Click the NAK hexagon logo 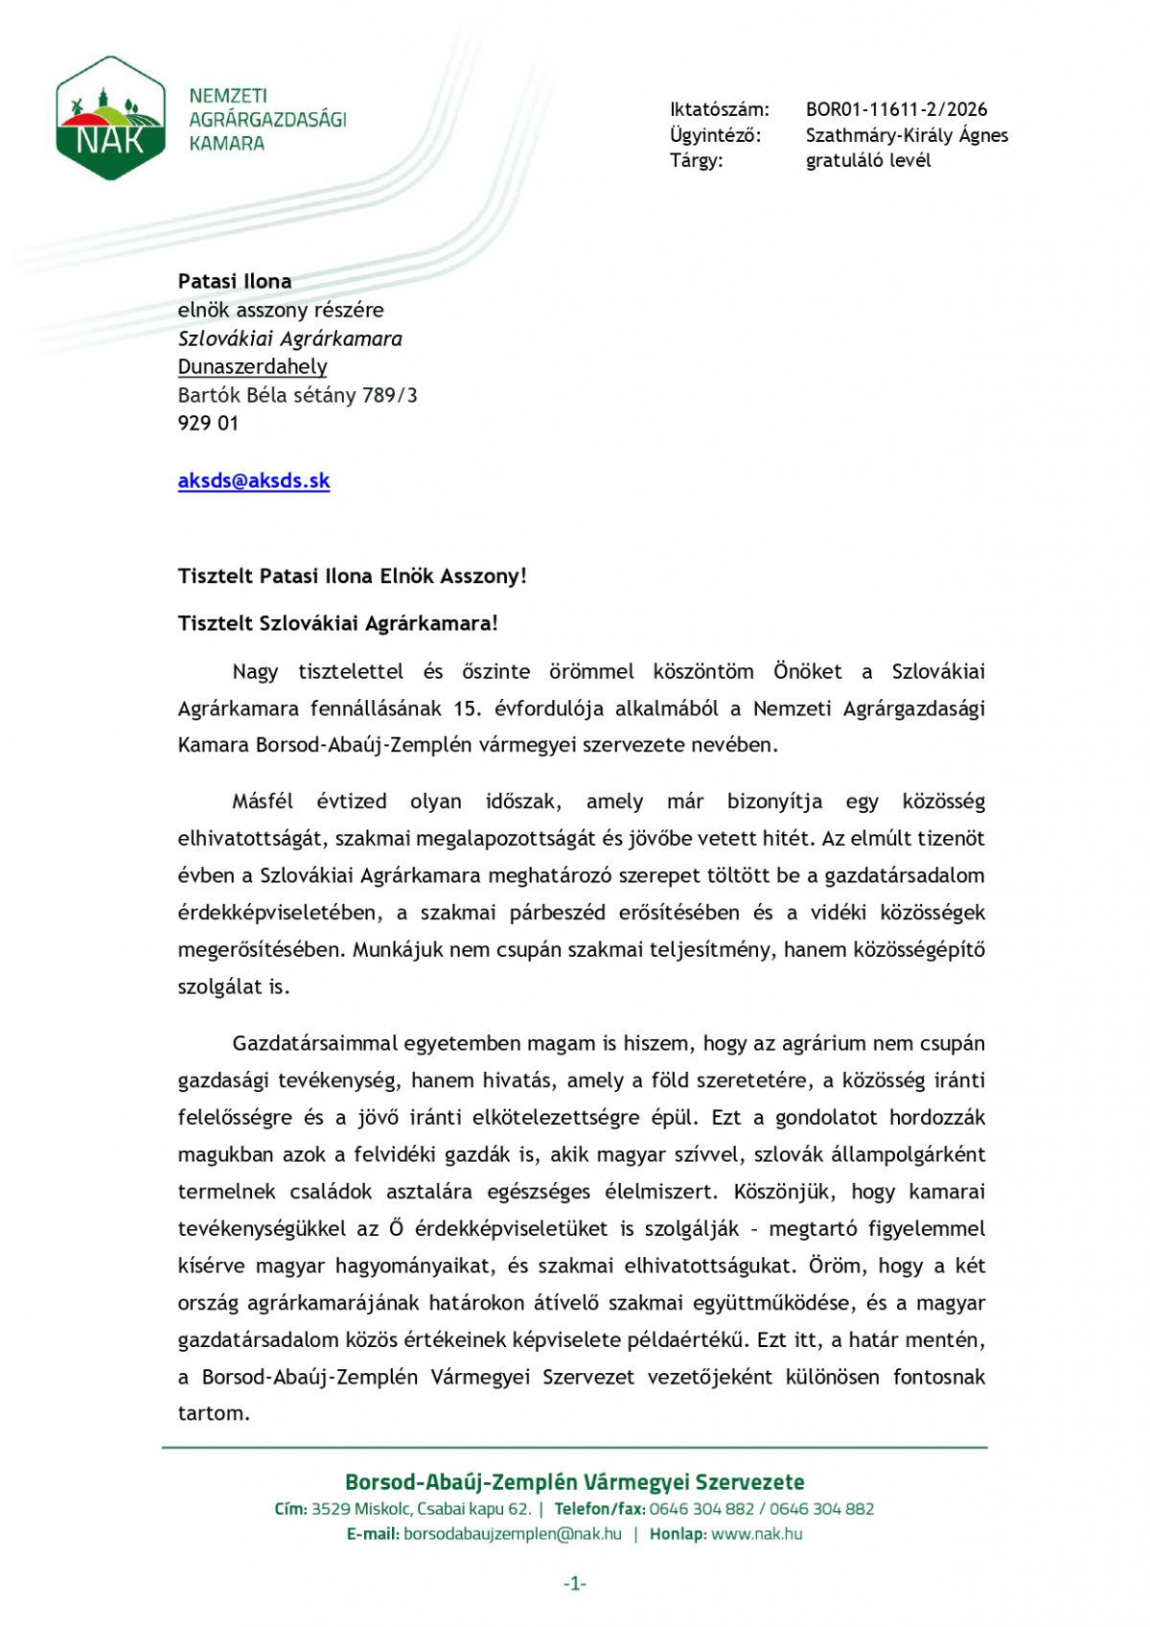110,118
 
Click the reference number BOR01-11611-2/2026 896,109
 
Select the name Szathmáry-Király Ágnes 907,135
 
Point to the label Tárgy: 696,160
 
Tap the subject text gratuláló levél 868,160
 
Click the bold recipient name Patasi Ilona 235,281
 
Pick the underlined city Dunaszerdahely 252,366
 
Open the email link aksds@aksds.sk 254,480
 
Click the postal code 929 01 208,423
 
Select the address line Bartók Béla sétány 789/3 297,395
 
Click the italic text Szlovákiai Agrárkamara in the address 289,338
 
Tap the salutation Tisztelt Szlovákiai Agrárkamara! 337,623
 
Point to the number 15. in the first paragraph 467,709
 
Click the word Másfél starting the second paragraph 263,802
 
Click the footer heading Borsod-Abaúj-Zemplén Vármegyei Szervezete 575,1481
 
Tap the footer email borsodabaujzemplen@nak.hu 513,1533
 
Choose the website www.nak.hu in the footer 757,1533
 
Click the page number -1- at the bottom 575,1584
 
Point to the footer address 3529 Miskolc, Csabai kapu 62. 421,1508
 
